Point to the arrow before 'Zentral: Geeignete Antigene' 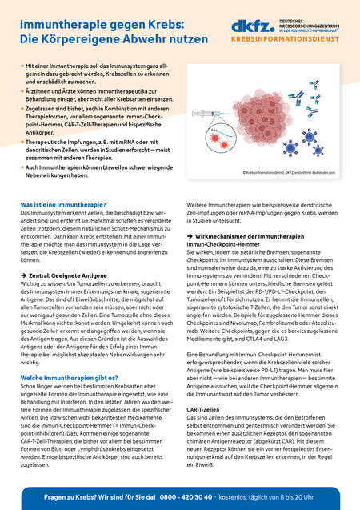click(x=24, y=273)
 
